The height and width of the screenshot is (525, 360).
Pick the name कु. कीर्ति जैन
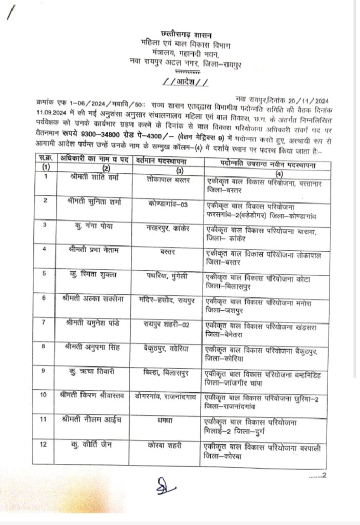click(x=97, y=444)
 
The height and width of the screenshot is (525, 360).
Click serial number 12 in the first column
click(x=46, y=444)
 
